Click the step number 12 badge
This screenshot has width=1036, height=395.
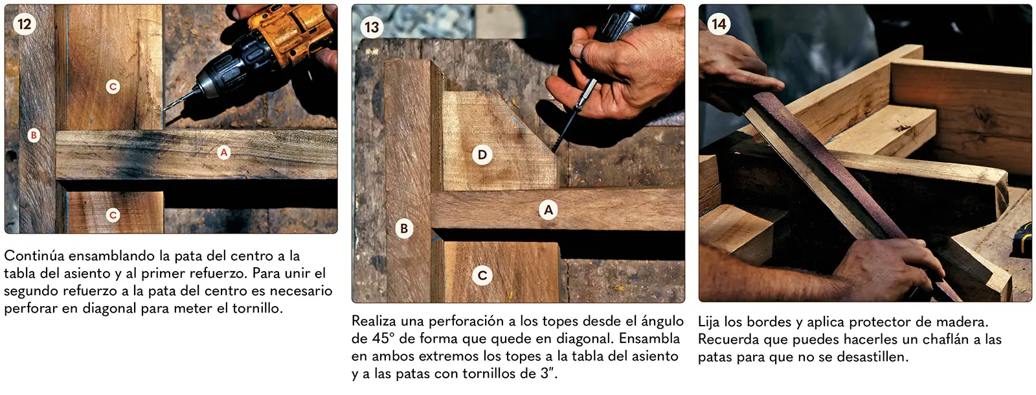25,23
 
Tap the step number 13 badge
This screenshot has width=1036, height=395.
372,27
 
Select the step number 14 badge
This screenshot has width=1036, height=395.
719,23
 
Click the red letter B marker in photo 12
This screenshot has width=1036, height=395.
33,135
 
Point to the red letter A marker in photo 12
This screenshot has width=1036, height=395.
224,152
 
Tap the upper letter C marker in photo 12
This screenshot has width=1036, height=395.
113,87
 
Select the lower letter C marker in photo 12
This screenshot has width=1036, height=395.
113,215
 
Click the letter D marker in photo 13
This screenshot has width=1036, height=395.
482,154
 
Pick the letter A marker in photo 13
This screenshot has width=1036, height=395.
548,210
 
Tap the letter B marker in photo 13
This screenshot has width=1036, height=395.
404,228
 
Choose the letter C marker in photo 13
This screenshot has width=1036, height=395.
482,276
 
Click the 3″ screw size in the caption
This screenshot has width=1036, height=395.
548,373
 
